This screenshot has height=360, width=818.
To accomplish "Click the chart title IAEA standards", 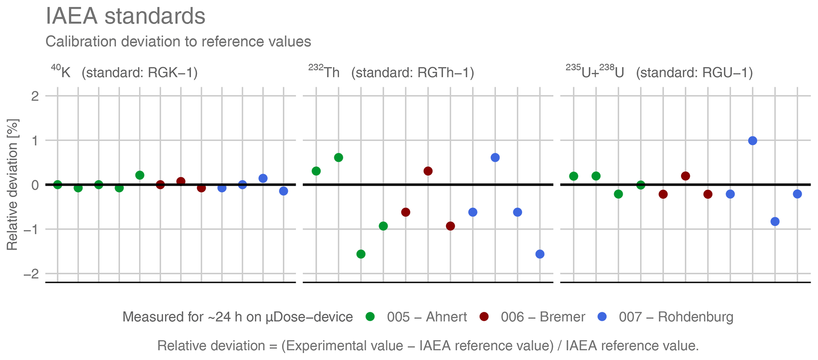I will click(125, 17).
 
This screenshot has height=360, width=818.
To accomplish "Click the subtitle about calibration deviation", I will click(178, 42).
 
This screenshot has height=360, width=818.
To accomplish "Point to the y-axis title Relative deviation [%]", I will click(12, 184).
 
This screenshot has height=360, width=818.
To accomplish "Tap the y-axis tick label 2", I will click(35, 96).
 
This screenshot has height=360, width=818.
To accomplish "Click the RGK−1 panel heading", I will click(124, 73).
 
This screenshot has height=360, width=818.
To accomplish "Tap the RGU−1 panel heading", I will click(659, 73).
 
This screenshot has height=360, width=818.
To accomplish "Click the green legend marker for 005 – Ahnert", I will click(370, 317).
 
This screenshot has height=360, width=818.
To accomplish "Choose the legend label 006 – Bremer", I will click(543, 317).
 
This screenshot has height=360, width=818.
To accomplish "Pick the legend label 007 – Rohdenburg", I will click(676, 317).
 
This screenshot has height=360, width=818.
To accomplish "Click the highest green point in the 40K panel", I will click(140, 175).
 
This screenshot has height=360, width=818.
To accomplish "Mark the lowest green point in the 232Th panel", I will click(361, 254).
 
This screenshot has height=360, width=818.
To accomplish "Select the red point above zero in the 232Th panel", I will click(428, 171).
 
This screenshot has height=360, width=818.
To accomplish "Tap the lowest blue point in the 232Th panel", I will click(540, 254).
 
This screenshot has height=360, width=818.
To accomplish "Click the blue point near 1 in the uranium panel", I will click(753, 140).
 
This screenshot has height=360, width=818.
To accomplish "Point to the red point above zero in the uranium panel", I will click(685, 176).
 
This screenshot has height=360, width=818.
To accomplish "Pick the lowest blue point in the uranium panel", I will click(775, 222).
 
